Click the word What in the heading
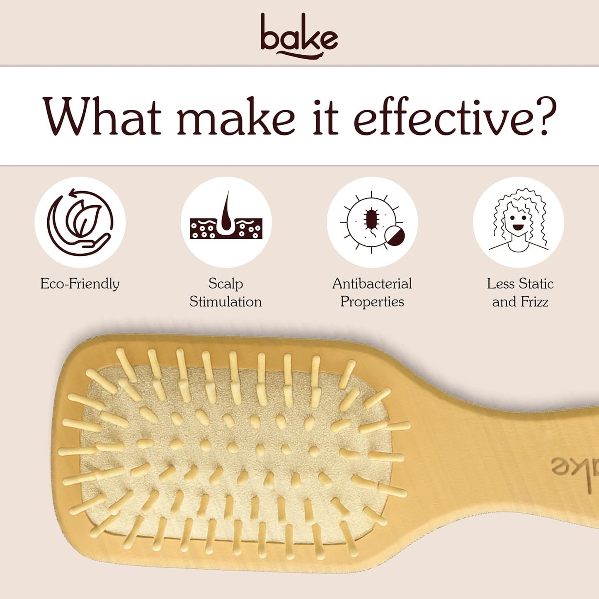point(102,117)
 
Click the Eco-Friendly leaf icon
point(80,222)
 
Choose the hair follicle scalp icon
point(226,222)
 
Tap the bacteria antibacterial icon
point(372,222)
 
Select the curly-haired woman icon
point(518,222)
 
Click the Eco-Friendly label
point(80,284)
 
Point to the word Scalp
point(226,284)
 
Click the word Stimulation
point(226,302)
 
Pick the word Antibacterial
point(372,284)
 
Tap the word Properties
point(372,302)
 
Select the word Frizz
point(535,302)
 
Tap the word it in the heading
point(325,117)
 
